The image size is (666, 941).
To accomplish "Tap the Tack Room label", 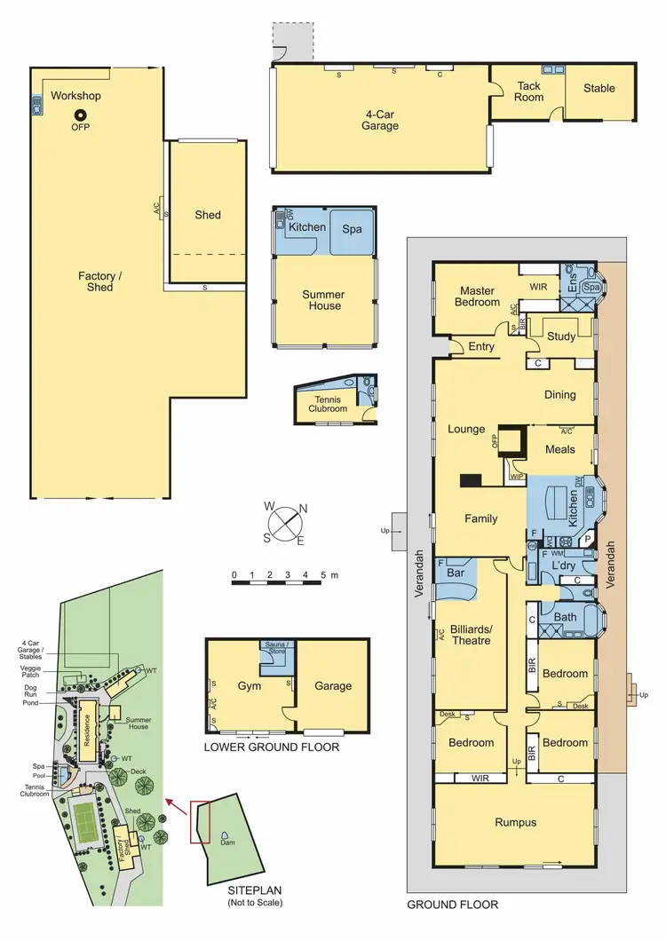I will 530,91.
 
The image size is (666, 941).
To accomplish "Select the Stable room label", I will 599,88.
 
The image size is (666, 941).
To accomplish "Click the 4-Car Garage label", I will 380,120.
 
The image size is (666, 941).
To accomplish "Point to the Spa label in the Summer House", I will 353,228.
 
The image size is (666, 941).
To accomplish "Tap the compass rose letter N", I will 303,509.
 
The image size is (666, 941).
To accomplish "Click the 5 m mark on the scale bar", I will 323,575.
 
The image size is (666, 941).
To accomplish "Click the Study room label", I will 561,336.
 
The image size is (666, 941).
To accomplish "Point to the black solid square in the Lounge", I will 470,481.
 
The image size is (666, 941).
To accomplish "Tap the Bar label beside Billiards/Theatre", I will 457,573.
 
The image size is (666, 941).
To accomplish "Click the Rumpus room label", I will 515,822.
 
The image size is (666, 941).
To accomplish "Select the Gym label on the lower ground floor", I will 248,685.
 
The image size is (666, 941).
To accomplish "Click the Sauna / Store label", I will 276,650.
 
